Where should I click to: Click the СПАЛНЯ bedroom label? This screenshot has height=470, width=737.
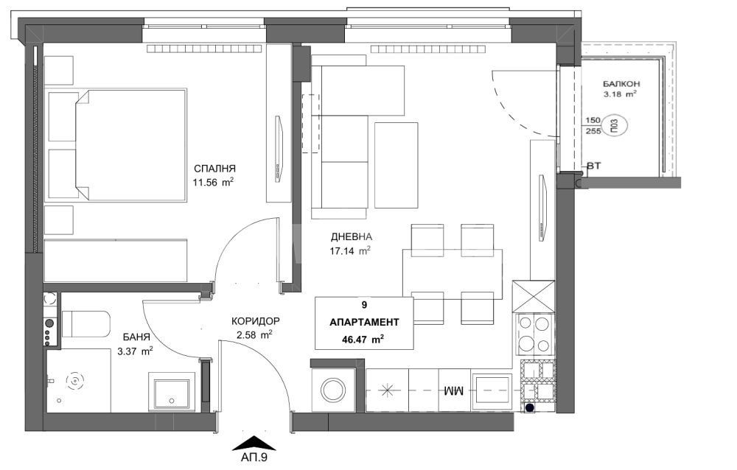(x=214, y=169)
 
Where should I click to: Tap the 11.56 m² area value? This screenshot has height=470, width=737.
(x=213, y=183)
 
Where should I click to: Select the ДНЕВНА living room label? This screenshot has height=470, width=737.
(x=351, y=237)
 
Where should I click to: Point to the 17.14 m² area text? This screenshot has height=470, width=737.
(x=349, y=250)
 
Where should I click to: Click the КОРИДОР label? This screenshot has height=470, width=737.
(x=255, y=321)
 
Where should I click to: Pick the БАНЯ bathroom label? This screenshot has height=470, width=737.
(x=137, y=337)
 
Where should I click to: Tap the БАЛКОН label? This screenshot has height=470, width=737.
(x=621, y=84)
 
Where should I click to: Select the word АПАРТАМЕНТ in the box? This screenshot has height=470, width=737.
(x=364, y=323)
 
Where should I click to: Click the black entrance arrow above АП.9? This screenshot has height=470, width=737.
(x=254, y=443)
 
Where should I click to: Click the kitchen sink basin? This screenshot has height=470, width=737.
(x=492, y=390)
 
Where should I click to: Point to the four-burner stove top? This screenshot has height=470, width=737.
(x=534, y=334)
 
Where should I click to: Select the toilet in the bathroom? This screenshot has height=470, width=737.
(x=85, y=324)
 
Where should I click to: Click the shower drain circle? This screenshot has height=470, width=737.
(x=74, y=381)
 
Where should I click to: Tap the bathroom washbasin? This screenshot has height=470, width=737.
(x=171, y=393)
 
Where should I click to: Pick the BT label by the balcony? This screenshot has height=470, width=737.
(x=594, y=166)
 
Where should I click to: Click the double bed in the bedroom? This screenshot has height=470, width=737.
(x=129, y=145)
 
